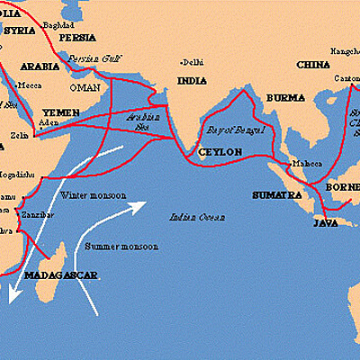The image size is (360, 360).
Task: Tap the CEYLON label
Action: pyautogui.click(x=220, y=152)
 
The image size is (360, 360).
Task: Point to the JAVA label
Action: pyautogui.click(x=325, y=221)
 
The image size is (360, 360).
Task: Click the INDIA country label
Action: pyautogui.click(x=191, y=81)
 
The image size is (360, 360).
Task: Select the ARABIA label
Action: pyautogui.click(x=39, y=66)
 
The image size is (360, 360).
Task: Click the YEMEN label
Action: pyautogui.click(x=60, y=112)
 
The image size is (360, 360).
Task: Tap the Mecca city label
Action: pyautogui.click(x=29, y=85)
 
